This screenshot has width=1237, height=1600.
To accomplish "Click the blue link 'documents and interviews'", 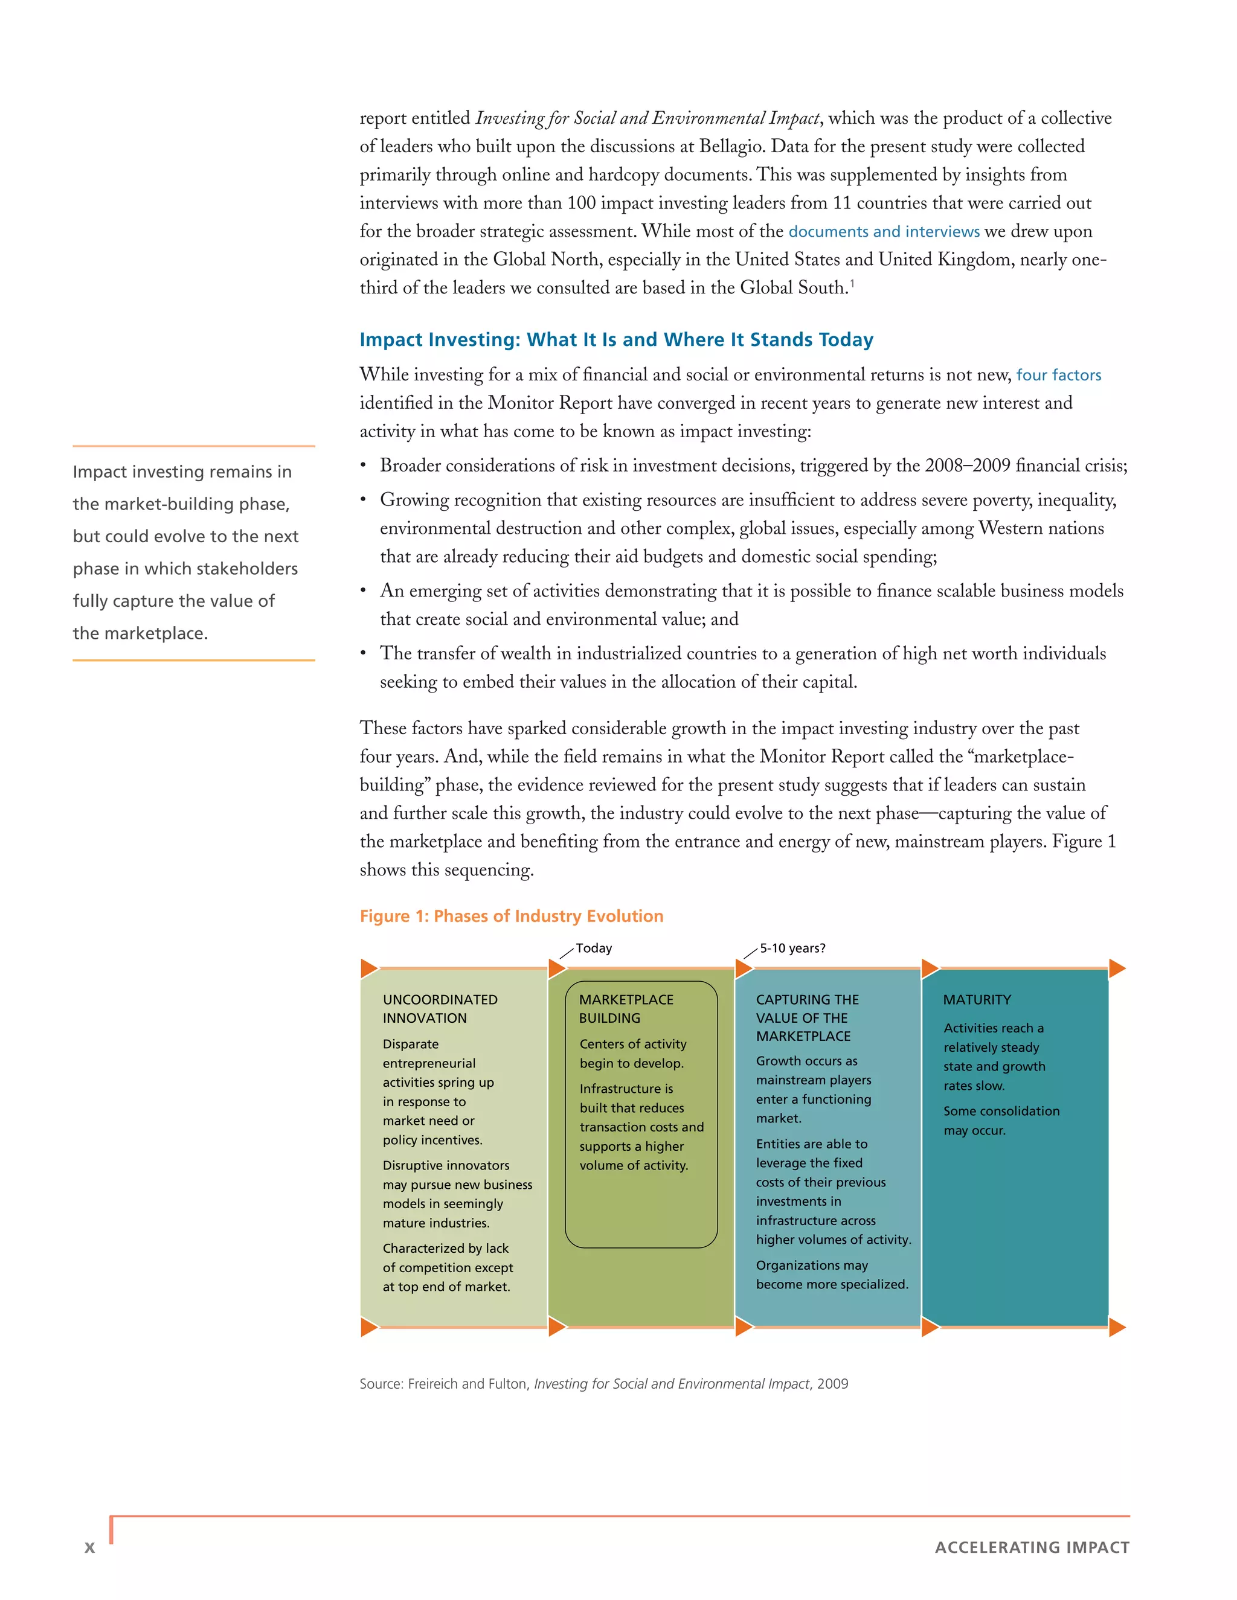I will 883,231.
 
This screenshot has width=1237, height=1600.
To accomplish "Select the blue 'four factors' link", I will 1058,375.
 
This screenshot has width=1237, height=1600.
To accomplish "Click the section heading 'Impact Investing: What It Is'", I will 615,340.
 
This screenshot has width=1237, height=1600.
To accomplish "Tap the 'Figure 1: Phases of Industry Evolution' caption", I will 511,916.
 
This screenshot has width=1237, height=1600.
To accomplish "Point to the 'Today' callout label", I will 594,948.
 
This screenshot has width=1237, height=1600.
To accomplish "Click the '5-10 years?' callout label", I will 792,948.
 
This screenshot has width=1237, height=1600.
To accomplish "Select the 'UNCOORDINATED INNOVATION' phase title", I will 440,1009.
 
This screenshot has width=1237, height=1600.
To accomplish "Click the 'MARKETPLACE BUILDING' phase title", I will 626,1009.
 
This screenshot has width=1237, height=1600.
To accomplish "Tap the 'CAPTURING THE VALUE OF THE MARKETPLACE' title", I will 807,1017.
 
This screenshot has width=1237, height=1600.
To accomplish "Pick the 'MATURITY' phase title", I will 977,1000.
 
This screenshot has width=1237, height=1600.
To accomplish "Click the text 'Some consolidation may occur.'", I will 1001,1120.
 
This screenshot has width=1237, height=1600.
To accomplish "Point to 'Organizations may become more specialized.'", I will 832,1275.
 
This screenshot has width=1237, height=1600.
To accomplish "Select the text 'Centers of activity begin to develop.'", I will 633,1054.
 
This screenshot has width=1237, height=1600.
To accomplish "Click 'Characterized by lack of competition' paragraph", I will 447,1267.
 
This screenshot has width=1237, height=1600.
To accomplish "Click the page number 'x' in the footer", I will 89,1547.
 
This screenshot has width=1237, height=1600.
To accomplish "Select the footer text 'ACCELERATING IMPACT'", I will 1032,1547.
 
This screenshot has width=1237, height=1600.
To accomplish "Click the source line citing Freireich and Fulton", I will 603,1384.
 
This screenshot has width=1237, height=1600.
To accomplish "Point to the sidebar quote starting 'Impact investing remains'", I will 185,552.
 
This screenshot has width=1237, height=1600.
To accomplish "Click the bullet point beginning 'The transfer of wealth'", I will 742,667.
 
